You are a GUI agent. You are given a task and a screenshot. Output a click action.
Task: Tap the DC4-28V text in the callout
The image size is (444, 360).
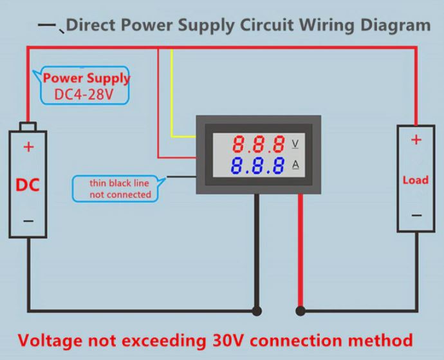tap(84, 95)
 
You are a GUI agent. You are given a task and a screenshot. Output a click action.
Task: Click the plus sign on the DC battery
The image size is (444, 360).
tap(28, 147)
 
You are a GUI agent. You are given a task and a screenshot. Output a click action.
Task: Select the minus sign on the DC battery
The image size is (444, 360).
tap(28, 220)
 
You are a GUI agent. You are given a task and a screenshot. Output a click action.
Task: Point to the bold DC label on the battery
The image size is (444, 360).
tap(28, 185)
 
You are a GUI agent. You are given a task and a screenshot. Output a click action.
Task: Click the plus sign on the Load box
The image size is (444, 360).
tap(416, 140)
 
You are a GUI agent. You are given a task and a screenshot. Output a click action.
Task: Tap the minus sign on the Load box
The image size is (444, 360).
tap(416, 216)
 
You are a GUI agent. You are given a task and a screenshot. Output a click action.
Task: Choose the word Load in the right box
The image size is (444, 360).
tap(416, 180)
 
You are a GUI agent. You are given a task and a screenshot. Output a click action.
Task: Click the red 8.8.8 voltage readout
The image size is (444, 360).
tap(259, 143)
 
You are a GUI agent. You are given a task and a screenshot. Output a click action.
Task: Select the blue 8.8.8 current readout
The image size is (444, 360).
tap(259, 166)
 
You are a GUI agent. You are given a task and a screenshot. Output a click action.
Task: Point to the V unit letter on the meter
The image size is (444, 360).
tap(295, 143)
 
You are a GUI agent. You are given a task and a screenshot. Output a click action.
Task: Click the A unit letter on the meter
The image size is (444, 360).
tap(295, 165)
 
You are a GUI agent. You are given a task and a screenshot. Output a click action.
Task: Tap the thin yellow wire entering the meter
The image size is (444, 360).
tap(172, 97)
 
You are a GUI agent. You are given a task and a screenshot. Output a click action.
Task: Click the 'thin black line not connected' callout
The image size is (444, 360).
tap(120, 189)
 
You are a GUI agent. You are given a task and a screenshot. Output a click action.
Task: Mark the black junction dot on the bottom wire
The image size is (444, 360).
tap(257, 311)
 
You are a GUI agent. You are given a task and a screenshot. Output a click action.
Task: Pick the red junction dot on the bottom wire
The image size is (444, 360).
tap(300, 311)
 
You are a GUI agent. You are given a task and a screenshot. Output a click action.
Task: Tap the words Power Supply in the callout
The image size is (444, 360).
tap(86, 79)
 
